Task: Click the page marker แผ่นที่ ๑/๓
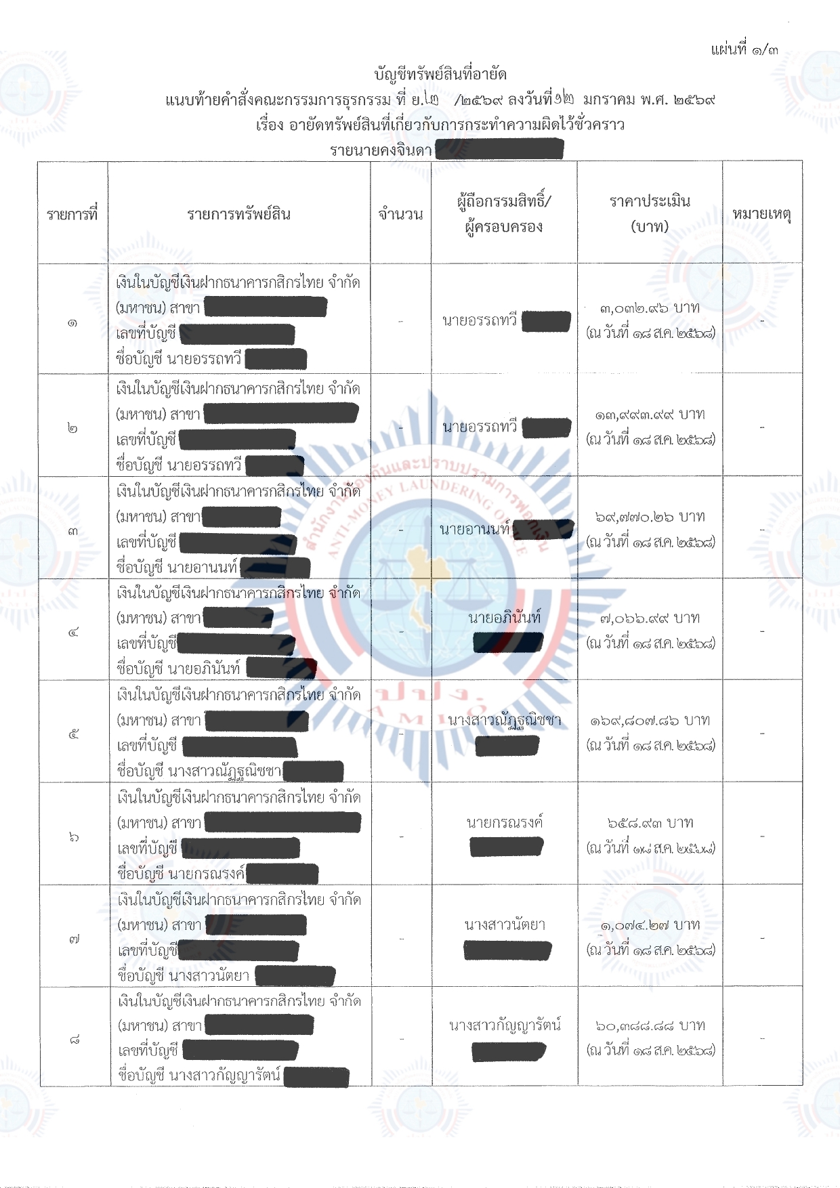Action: [x=744, y=49]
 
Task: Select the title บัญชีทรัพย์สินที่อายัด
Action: [x=440, y=74]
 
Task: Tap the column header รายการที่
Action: [x=72, y=215]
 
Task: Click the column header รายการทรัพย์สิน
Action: [x=238, y=215]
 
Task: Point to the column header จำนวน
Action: [x=400, y=215]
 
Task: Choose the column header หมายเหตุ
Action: [x=761, y=215]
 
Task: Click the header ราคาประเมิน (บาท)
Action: [x=649, y=213]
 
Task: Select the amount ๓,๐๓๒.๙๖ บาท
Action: [x=649, y=308]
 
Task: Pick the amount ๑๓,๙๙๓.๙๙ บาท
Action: [x=649, y=415]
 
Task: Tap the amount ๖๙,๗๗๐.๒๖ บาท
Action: [x=649, y=517]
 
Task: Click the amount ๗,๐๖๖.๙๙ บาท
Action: [x=649, y=618]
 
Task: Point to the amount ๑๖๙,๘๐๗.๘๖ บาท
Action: [x=649, y=721]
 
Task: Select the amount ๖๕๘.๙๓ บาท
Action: [x=649, y=823]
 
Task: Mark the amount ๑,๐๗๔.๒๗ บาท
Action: [x=649, y=925]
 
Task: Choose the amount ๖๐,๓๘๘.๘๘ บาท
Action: [x=649, y=1026]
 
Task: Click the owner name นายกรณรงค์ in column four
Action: [x=505, y=823]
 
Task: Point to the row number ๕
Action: [x=74, y=734]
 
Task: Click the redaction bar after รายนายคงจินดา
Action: [x=499, y=149]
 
